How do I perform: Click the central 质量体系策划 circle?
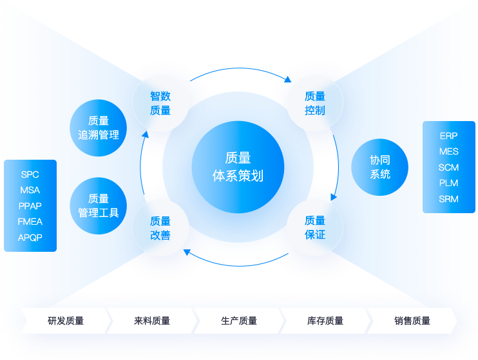[x=238, y=167]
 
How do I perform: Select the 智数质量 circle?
[x=160, y=103]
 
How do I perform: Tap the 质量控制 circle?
[x=315, y=103]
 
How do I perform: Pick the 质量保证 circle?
[x=315, y=228]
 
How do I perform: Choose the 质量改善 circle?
[x=160, y=228]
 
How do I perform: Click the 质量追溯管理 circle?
[x=99, y=128]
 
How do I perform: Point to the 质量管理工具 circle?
[x=99, y=205]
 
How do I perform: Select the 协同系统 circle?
[x=380, y=167]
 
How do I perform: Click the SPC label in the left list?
[x=30, y=175]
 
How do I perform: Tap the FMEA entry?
[x=30, y=222]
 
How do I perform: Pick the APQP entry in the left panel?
[x=30, y=237]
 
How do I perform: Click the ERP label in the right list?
[x=448, y=137]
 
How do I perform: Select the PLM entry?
[x=448, y=183]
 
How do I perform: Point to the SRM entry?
[x=448, y=199]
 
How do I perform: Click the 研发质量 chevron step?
[x=66, y=321]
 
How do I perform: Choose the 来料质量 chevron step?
[x=152, y=321]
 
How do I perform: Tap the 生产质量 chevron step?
[x=239, y=321]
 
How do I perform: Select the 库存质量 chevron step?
[x=325, y=321]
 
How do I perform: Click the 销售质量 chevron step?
[x=412, y=321]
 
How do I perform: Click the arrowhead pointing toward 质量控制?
[x=288, y=79]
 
